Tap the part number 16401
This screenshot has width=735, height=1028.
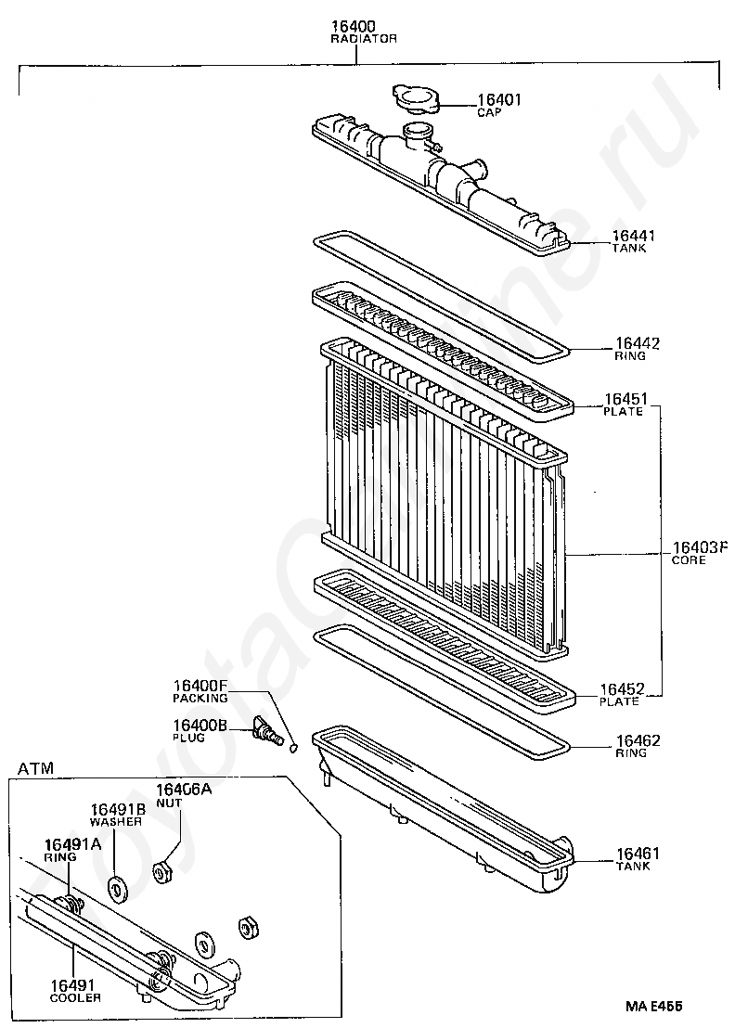tap(499, 100)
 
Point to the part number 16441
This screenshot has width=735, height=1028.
tap(635, 236)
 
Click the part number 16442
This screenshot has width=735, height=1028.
tap(638, 343)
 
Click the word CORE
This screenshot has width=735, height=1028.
tap(689, 560)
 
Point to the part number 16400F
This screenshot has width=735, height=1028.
tap(200, 687)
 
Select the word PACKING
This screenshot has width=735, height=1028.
tap(200, 698)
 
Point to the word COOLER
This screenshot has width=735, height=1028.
tap(76, 997)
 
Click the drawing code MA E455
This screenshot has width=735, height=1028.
tap(653, 1005)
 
